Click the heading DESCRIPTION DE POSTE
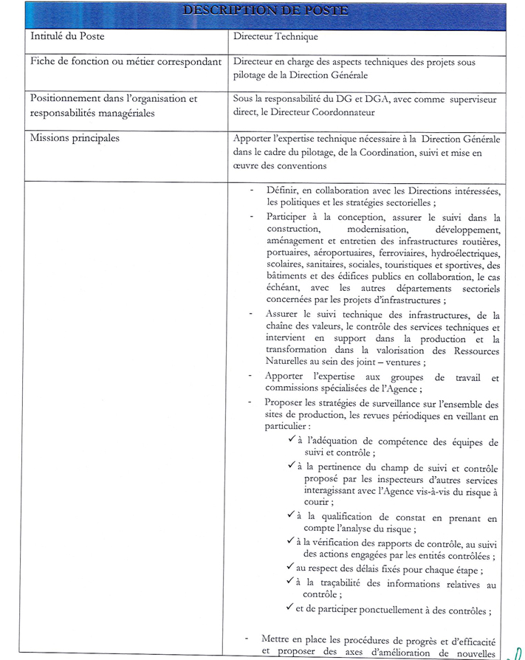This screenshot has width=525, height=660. pos(265,11)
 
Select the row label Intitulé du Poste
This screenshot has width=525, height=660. pos(65,35)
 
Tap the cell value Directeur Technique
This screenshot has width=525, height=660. pos(275,35)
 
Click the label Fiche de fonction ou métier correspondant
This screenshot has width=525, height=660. pos(126,62)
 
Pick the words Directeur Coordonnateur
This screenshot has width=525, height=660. pos(334,112)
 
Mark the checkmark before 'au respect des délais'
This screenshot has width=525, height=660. pos(290,567)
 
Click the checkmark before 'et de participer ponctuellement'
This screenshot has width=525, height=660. pos(290,609)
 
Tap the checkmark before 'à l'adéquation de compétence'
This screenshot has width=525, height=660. pos(292,440)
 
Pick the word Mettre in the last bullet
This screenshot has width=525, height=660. pos(277,639)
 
